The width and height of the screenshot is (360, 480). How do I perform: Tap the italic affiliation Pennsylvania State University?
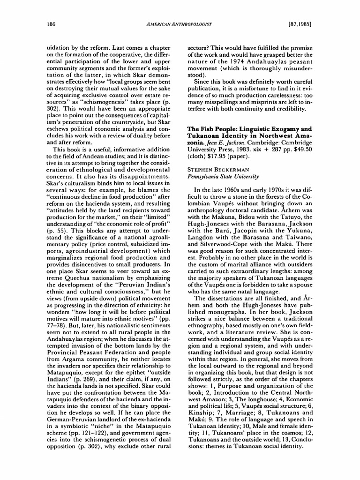coord(223,177)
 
